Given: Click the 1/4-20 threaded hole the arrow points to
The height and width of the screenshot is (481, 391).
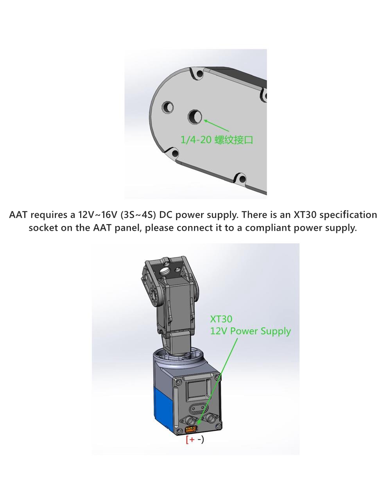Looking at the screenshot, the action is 195,117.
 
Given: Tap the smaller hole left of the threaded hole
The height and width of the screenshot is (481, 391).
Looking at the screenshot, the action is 168,107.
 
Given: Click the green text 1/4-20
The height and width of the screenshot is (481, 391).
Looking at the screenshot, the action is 196,139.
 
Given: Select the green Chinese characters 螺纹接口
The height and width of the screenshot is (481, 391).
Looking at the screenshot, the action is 233,140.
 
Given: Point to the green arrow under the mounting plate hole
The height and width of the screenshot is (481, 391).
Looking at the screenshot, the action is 216,125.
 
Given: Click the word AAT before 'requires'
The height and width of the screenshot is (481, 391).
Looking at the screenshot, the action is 18,214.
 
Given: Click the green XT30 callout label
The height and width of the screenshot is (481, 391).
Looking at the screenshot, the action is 221,319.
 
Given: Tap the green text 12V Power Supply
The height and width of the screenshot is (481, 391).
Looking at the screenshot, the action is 250,331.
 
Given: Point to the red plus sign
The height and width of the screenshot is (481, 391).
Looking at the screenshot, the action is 192,440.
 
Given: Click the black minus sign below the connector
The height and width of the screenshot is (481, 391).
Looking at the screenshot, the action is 199,439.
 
